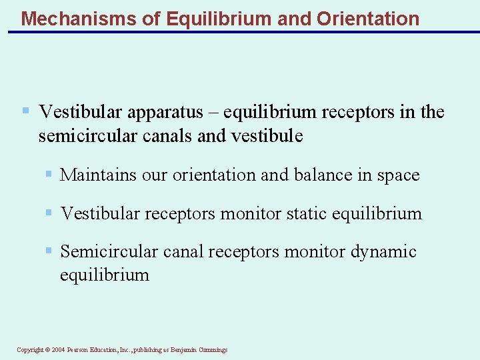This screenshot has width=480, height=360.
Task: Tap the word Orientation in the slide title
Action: coord(368,18)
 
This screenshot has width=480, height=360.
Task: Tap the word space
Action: coord(397,175)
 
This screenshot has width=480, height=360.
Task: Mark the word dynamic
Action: coord(383,252)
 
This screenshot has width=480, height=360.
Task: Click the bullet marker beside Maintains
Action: coord(48,175)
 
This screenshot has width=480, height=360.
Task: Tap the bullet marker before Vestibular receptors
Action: coord(48,213)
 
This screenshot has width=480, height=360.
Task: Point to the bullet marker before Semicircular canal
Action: coord(48,251)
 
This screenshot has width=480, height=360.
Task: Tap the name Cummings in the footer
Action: coord(213,350)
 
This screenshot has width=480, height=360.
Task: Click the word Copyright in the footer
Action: coord(29,350)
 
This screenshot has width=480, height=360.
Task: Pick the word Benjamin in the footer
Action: coord(183,350)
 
